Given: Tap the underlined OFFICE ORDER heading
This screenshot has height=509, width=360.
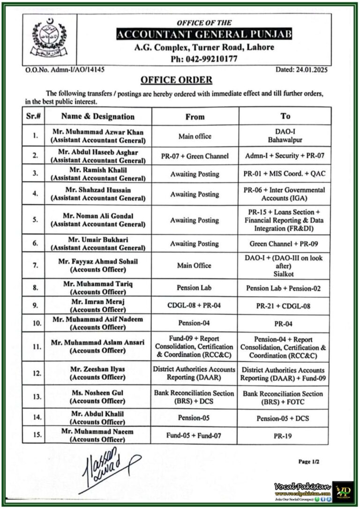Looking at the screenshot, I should click(x=176, y=80).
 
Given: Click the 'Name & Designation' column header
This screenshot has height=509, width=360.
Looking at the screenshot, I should click(x=97, y=117).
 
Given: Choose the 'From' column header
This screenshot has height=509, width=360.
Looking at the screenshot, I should click(x=195, y=117).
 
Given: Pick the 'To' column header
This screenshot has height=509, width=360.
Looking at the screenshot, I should click(x=285, y=116).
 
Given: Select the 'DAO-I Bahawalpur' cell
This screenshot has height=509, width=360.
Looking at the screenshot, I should click(x=285, y=136).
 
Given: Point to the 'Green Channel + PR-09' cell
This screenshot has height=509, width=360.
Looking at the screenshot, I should click(x=285, y=244).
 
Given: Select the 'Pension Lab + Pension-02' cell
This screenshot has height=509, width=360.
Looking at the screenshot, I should click(x=285, y=288).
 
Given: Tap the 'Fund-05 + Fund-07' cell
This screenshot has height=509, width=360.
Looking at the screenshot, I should click(x=195, y=435).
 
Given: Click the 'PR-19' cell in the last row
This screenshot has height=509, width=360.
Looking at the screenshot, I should click(x=285, y=435).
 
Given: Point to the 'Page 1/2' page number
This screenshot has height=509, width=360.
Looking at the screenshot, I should click(x=309, y=462).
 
